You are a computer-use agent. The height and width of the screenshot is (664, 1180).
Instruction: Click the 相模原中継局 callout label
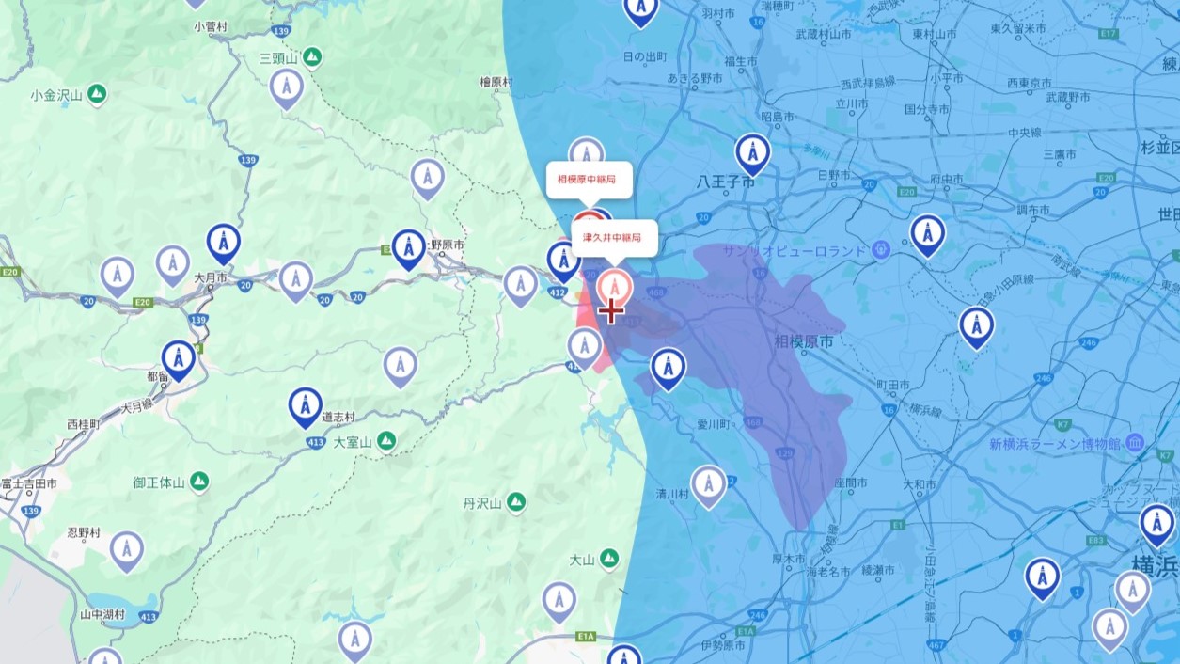pos(587,179)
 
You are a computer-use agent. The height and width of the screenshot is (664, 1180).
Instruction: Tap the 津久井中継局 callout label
pos(613,238)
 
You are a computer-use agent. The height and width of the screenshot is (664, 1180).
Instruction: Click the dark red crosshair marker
pos(611,309)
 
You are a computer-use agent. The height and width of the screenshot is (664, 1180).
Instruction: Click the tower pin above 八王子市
pos(752,152)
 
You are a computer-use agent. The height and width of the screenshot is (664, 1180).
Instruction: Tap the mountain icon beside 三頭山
pos(312,58)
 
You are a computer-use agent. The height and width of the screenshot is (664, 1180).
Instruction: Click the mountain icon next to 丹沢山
pos(515,503)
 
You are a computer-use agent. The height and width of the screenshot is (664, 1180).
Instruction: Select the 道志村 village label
pos(338,417)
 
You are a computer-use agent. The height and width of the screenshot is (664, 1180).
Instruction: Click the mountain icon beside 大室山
pos(386,441)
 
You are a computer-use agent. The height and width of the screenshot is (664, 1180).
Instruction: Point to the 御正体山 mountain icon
pos(198,482)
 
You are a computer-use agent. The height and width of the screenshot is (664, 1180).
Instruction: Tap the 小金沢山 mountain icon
pos(97,94)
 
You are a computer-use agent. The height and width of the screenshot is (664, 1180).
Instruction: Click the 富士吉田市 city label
pos(28,483)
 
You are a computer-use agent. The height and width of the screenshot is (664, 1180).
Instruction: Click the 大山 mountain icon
pos(609,559)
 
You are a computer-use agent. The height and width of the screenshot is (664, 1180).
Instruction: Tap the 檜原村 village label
pos(496,82)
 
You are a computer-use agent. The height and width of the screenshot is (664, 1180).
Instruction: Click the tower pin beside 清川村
pos(709,484)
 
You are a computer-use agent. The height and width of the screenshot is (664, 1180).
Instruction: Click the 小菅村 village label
pos(211,26)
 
